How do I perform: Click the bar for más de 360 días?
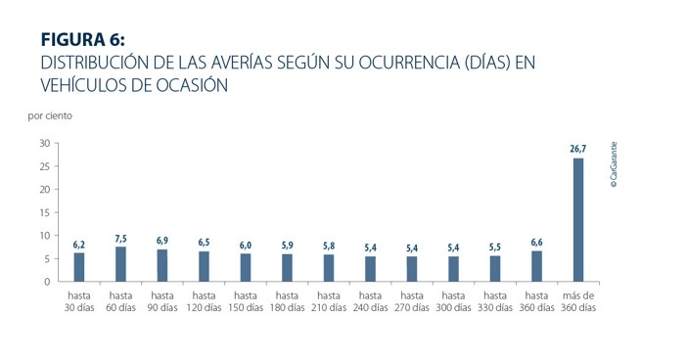[x=578, y=220]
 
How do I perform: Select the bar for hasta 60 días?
[x=120, y=264]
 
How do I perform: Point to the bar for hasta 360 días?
[x=536, y=266]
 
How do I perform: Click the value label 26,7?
[x=578, y=149]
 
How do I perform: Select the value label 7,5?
[x=120, y=238]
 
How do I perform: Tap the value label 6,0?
[x=246, y=245]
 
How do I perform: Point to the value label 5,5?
[x=495, y=247]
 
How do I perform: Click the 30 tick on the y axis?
[x=45, y=143]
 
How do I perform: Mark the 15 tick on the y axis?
[x=45, y=212]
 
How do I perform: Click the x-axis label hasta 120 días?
[x=204, y=300]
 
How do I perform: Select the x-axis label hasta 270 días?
[x=412, y=300]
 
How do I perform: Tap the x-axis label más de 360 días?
[x=578, y=300]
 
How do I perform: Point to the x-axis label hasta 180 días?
[x=287, y=300]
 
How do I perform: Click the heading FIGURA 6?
[x=83, y=40]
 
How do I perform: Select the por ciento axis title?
[x=50, y=115]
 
